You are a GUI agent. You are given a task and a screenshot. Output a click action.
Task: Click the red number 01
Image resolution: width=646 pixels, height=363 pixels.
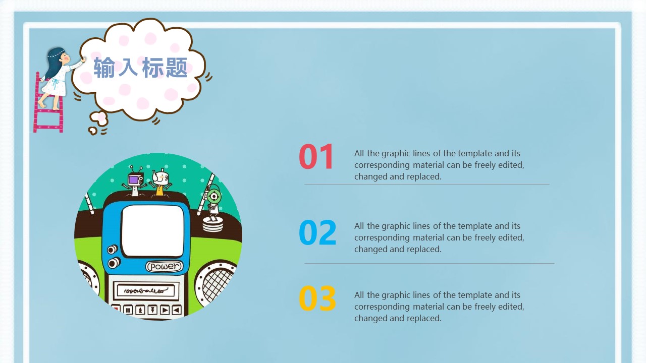tap(316, 157)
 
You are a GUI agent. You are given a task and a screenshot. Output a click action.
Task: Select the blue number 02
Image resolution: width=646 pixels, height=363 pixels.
tap(317, 233)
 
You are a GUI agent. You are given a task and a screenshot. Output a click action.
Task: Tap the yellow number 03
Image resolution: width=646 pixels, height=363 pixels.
tap(317, 298)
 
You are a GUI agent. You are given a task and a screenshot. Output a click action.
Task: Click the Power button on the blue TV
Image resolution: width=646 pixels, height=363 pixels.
tap(164, 266)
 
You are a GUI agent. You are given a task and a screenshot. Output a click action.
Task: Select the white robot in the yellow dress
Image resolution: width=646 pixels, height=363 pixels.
tap(160, 181)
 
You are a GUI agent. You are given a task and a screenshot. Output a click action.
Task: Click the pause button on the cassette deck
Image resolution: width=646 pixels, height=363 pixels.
tap(128, 310)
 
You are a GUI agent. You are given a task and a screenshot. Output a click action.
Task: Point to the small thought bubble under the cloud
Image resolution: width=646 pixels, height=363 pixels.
tap(99, 119)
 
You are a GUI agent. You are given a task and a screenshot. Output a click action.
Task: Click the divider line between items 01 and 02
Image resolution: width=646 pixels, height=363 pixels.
tap(426, 185)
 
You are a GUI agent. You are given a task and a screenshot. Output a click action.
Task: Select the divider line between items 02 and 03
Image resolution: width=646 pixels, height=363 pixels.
tap(429, 263)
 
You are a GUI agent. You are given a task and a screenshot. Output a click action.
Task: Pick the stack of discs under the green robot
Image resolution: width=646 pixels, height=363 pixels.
tap(212, 224)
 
